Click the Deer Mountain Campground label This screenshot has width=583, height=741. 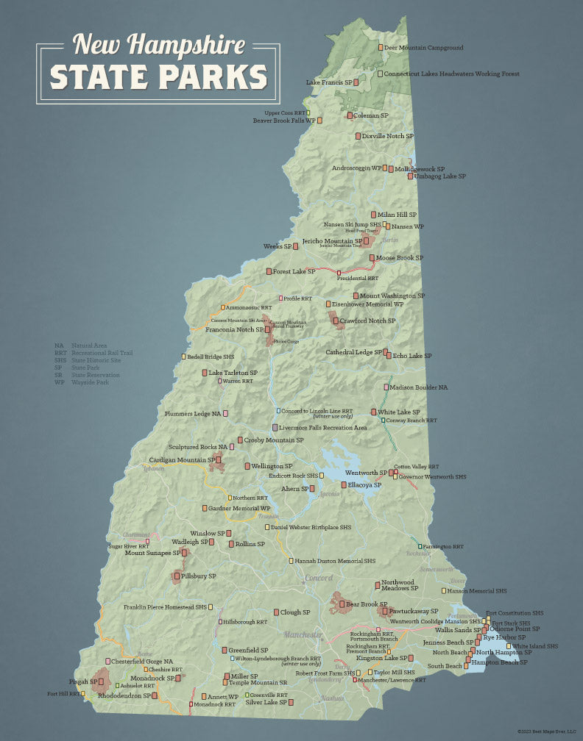(x=423, y=48)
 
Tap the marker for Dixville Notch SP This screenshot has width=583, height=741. (x=358, y=136)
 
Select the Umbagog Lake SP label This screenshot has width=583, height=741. (x=440, y=176)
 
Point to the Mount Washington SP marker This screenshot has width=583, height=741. (x=356, y=296)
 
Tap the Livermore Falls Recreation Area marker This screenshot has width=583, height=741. (x=275, y=427)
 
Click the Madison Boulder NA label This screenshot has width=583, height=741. (x=418, y=387)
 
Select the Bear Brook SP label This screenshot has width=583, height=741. (x=367, y=604)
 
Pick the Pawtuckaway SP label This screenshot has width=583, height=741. (x=414, y=611)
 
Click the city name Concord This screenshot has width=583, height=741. (x=319, y=578)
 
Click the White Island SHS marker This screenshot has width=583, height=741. (x=508, y=646)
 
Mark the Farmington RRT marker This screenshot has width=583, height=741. (x=420, y=546)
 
